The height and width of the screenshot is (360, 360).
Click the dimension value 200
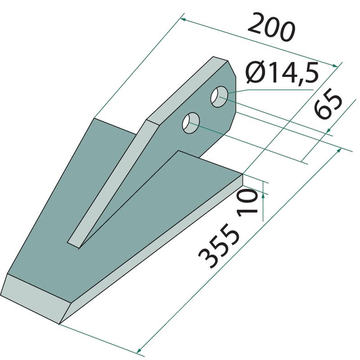click(271, 28)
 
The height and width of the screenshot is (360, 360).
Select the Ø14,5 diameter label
click(282, 72)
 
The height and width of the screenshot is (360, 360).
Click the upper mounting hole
click(220, 97)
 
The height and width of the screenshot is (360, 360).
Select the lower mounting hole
click(191, 123)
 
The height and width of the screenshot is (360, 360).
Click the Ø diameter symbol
click(255, 73)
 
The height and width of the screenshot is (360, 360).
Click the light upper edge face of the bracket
click(187, 88)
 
